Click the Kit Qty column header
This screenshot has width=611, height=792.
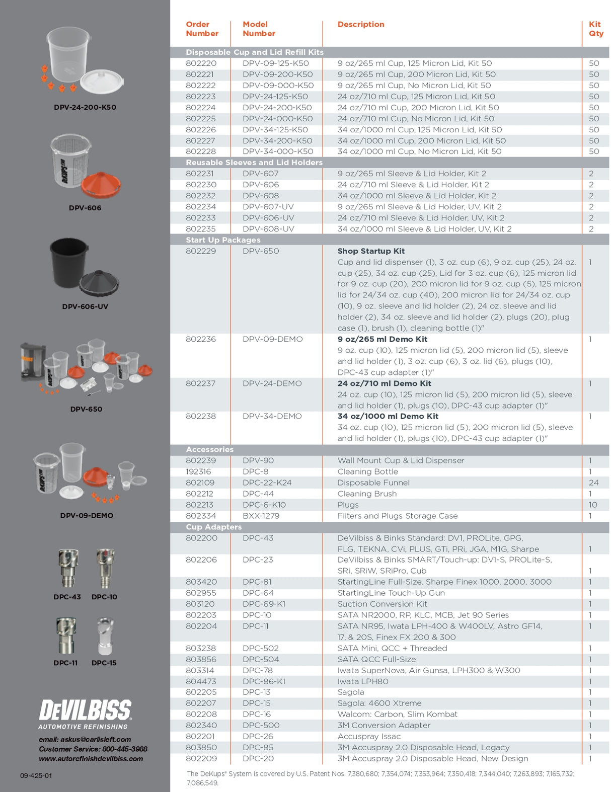[x=595, y=29]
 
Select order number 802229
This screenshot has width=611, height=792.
[x=201, y=251]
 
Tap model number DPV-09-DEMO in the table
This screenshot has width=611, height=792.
[x=272, y=339]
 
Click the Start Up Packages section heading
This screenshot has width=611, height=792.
[x=223, y=240]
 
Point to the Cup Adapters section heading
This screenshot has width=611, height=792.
[x=213, y=527]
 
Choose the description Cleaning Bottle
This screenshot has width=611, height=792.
[x=367, y=471]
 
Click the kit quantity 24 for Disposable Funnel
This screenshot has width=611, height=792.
[x=593, y=483]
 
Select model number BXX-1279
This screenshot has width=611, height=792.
[x=261, y=516]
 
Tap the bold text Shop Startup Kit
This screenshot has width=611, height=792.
[x=371, y=251]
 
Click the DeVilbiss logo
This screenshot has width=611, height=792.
[x=85, y=710]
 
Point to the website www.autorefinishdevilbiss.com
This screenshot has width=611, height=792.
[x=91, y=759]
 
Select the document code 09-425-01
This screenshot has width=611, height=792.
[x=36, y=775]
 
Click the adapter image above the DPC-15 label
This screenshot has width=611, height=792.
[x=105, y=636]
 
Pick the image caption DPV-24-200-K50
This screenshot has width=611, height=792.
[x=85, y=107]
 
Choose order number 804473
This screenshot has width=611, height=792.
[x=201, y=681]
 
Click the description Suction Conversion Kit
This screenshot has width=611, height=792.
[x=382, y=604]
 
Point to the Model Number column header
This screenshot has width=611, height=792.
[x=259, y=29]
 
